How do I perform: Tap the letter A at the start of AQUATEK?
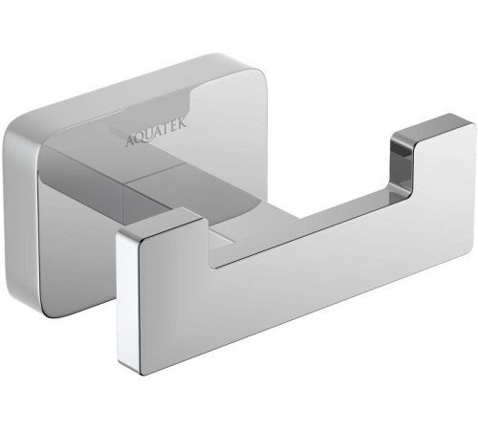(x=131, y=140)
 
